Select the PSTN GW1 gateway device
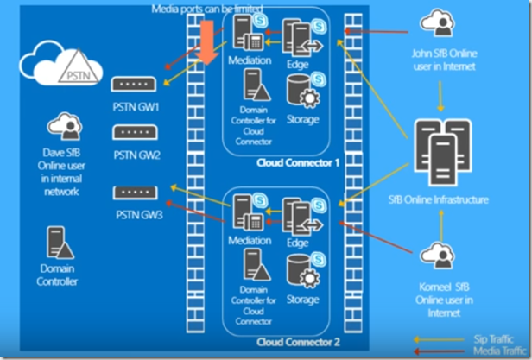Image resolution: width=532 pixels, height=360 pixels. coord(135,85)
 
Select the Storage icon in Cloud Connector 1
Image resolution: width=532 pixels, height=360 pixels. coord(300,90)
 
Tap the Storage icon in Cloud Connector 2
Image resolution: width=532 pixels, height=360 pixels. coord(300,269)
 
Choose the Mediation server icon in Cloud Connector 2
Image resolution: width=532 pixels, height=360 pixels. coord(243,212)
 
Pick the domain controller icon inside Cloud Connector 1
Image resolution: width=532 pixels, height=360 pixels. coord(256,85)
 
